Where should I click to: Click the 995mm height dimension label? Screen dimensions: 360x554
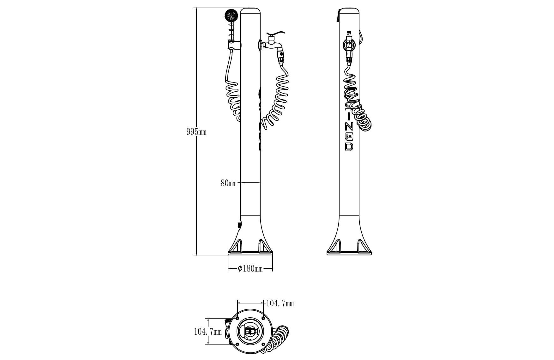click(196, 132)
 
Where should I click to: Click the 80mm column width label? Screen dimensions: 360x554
click(228, 183)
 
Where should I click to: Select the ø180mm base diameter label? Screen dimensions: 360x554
click(250, 269)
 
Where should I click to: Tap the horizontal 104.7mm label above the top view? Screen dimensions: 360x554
click(280, 303)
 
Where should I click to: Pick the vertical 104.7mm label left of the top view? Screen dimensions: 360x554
click(208, 332)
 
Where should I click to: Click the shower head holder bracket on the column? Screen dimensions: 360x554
click(234, 45)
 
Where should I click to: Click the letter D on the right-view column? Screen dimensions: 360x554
click(349, 146)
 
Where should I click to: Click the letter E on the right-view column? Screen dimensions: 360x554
click(349, 137)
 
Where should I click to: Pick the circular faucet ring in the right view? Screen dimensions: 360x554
click(349, 45)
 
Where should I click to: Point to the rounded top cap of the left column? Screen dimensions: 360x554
click(250, 11)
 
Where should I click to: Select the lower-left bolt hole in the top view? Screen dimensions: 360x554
click(237, 344)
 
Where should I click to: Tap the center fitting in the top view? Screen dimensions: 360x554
click(250, 331)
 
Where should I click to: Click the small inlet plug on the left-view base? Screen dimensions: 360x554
click(239, 225)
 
